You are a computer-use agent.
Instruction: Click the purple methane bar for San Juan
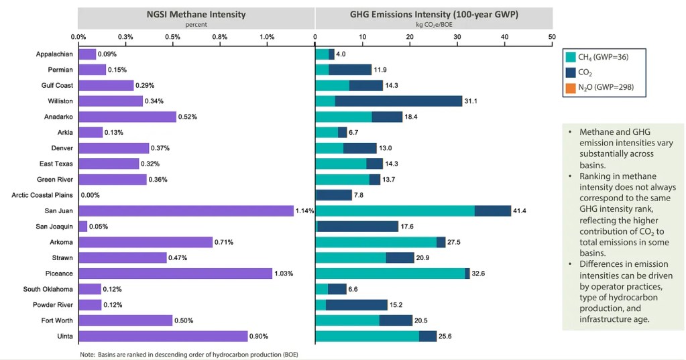pos(186,211)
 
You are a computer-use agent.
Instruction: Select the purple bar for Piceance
pos(175,274)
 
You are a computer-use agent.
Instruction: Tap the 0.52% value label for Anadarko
pos(188,117)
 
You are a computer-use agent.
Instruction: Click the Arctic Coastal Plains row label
pos(42,195)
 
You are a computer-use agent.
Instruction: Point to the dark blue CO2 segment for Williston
pos(398,101)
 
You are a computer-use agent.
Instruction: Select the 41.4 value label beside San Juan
pos(521,211)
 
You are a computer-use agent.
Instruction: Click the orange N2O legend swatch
pos(571,87)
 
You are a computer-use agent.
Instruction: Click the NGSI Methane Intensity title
pos(196,14)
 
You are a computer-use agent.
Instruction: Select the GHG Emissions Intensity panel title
pos(434,14)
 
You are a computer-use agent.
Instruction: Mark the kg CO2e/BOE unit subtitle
pos(434,24)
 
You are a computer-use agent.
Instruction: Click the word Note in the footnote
pos(87,353)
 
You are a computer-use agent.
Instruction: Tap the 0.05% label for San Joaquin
pos(99,227)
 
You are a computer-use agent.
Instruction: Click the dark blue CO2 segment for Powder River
pos(356,305)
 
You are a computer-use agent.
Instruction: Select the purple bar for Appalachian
pos(87,54)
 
